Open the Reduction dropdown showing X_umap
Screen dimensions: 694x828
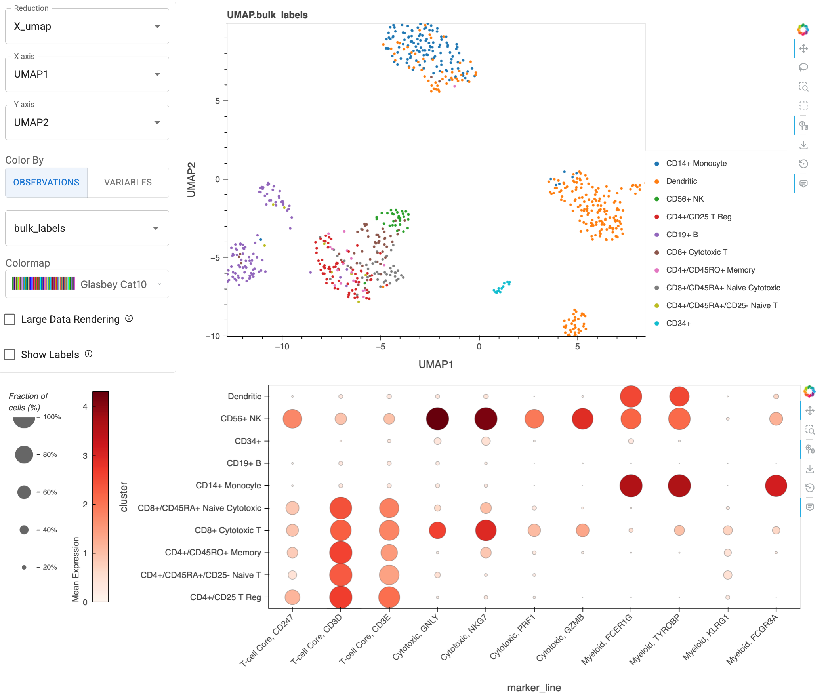(87, 27)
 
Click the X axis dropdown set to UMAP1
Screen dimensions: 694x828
(87, 74)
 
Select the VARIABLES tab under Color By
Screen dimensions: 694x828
(128, 182)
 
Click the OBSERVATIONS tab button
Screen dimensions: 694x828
(46, 182)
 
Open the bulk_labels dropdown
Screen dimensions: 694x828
(87, 228)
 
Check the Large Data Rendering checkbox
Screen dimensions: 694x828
(10, 319)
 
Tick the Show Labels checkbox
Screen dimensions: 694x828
(10, 355)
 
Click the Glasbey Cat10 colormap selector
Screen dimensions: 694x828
(87, 284)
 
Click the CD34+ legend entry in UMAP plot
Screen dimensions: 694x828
(678, 324)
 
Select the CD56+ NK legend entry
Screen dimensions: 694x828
(685, 199)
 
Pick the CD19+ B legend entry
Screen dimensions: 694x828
(682, 235)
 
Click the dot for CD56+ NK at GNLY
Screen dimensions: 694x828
(437, 419)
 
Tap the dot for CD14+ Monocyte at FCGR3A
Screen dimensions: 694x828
(776, 486)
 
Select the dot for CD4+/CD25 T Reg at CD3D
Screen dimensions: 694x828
(341, 597)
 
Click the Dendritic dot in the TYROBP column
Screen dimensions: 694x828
(679, 397)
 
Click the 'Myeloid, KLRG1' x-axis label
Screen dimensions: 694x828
(706, 638)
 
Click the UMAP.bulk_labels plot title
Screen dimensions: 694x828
(267, 15)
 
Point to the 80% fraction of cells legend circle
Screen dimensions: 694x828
(24, 454)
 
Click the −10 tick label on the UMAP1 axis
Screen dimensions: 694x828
(282, 347)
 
